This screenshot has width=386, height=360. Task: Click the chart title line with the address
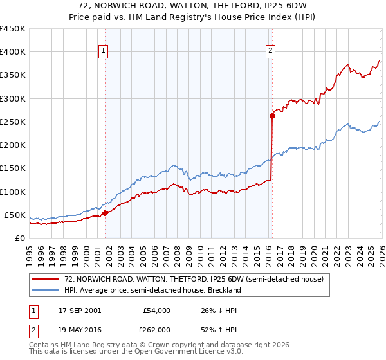click(193, 6)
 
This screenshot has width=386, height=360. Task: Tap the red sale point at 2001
click(105, 213)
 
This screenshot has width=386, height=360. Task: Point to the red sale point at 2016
click(271, 116)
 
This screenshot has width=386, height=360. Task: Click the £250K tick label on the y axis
click(13, 122)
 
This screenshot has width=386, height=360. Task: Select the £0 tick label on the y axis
click(19, 238)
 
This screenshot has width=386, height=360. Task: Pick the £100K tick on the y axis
click(13, 192)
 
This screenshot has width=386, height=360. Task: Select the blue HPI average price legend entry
click(152, 290)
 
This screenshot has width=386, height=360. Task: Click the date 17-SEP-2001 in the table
click(78, 310)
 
